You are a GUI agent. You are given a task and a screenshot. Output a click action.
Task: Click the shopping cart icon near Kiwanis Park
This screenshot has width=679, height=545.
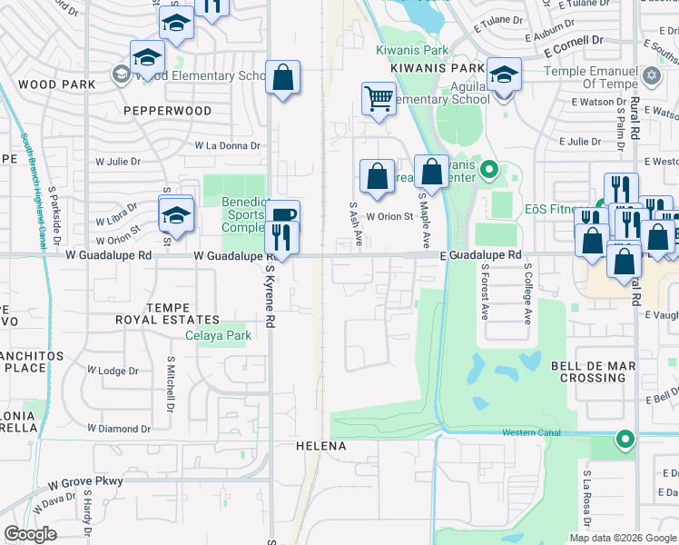tap(378, 98)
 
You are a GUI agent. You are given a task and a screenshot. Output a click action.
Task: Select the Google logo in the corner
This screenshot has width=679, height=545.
tap(30, 534)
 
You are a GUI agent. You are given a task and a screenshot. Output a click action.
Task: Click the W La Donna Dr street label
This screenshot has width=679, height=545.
tap(228, 144)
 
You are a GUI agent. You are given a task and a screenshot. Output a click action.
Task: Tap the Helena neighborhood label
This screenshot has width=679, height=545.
tap(321, 446)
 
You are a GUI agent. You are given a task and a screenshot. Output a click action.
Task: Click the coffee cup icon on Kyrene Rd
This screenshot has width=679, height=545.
tap(284, 215)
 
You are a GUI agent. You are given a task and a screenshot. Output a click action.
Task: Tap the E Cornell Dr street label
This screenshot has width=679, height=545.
tap(574, 42)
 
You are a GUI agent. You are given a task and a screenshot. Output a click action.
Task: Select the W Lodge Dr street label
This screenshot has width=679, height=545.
tap(113, 371)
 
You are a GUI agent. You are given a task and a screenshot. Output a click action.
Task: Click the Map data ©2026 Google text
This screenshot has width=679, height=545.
tap(622, 538)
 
